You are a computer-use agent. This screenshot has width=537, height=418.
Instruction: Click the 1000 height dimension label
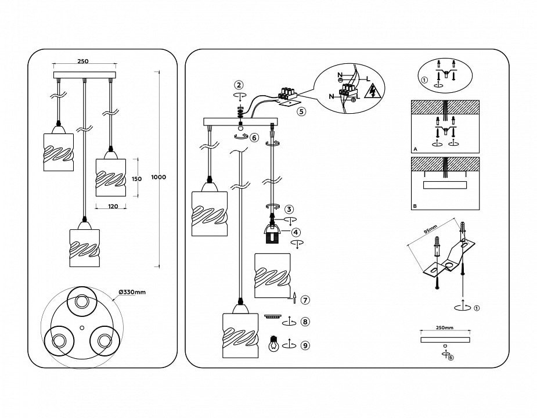(x=158, y=177)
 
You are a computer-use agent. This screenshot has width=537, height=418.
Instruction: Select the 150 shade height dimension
(x=137, y=179)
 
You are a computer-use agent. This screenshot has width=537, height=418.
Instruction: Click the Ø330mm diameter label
(x=132, y=292)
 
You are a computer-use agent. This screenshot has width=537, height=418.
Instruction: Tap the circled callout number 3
(x=289, y=209)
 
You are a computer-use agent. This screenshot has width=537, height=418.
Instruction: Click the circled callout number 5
(x=301, y=112)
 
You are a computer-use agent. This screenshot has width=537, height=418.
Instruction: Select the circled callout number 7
(x=305, y=300)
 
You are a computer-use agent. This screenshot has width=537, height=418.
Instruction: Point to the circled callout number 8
(x=305, y=321)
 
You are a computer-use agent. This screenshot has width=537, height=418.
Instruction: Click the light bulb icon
(x=272, y=344)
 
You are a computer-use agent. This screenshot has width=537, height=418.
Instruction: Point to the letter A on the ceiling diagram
(x=415, y=149)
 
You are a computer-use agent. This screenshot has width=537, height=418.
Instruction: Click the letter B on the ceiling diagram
(x=415, y=206)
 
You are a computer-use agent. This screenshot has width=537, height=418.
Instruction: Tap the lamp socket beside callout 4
(x=272, y=232)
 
